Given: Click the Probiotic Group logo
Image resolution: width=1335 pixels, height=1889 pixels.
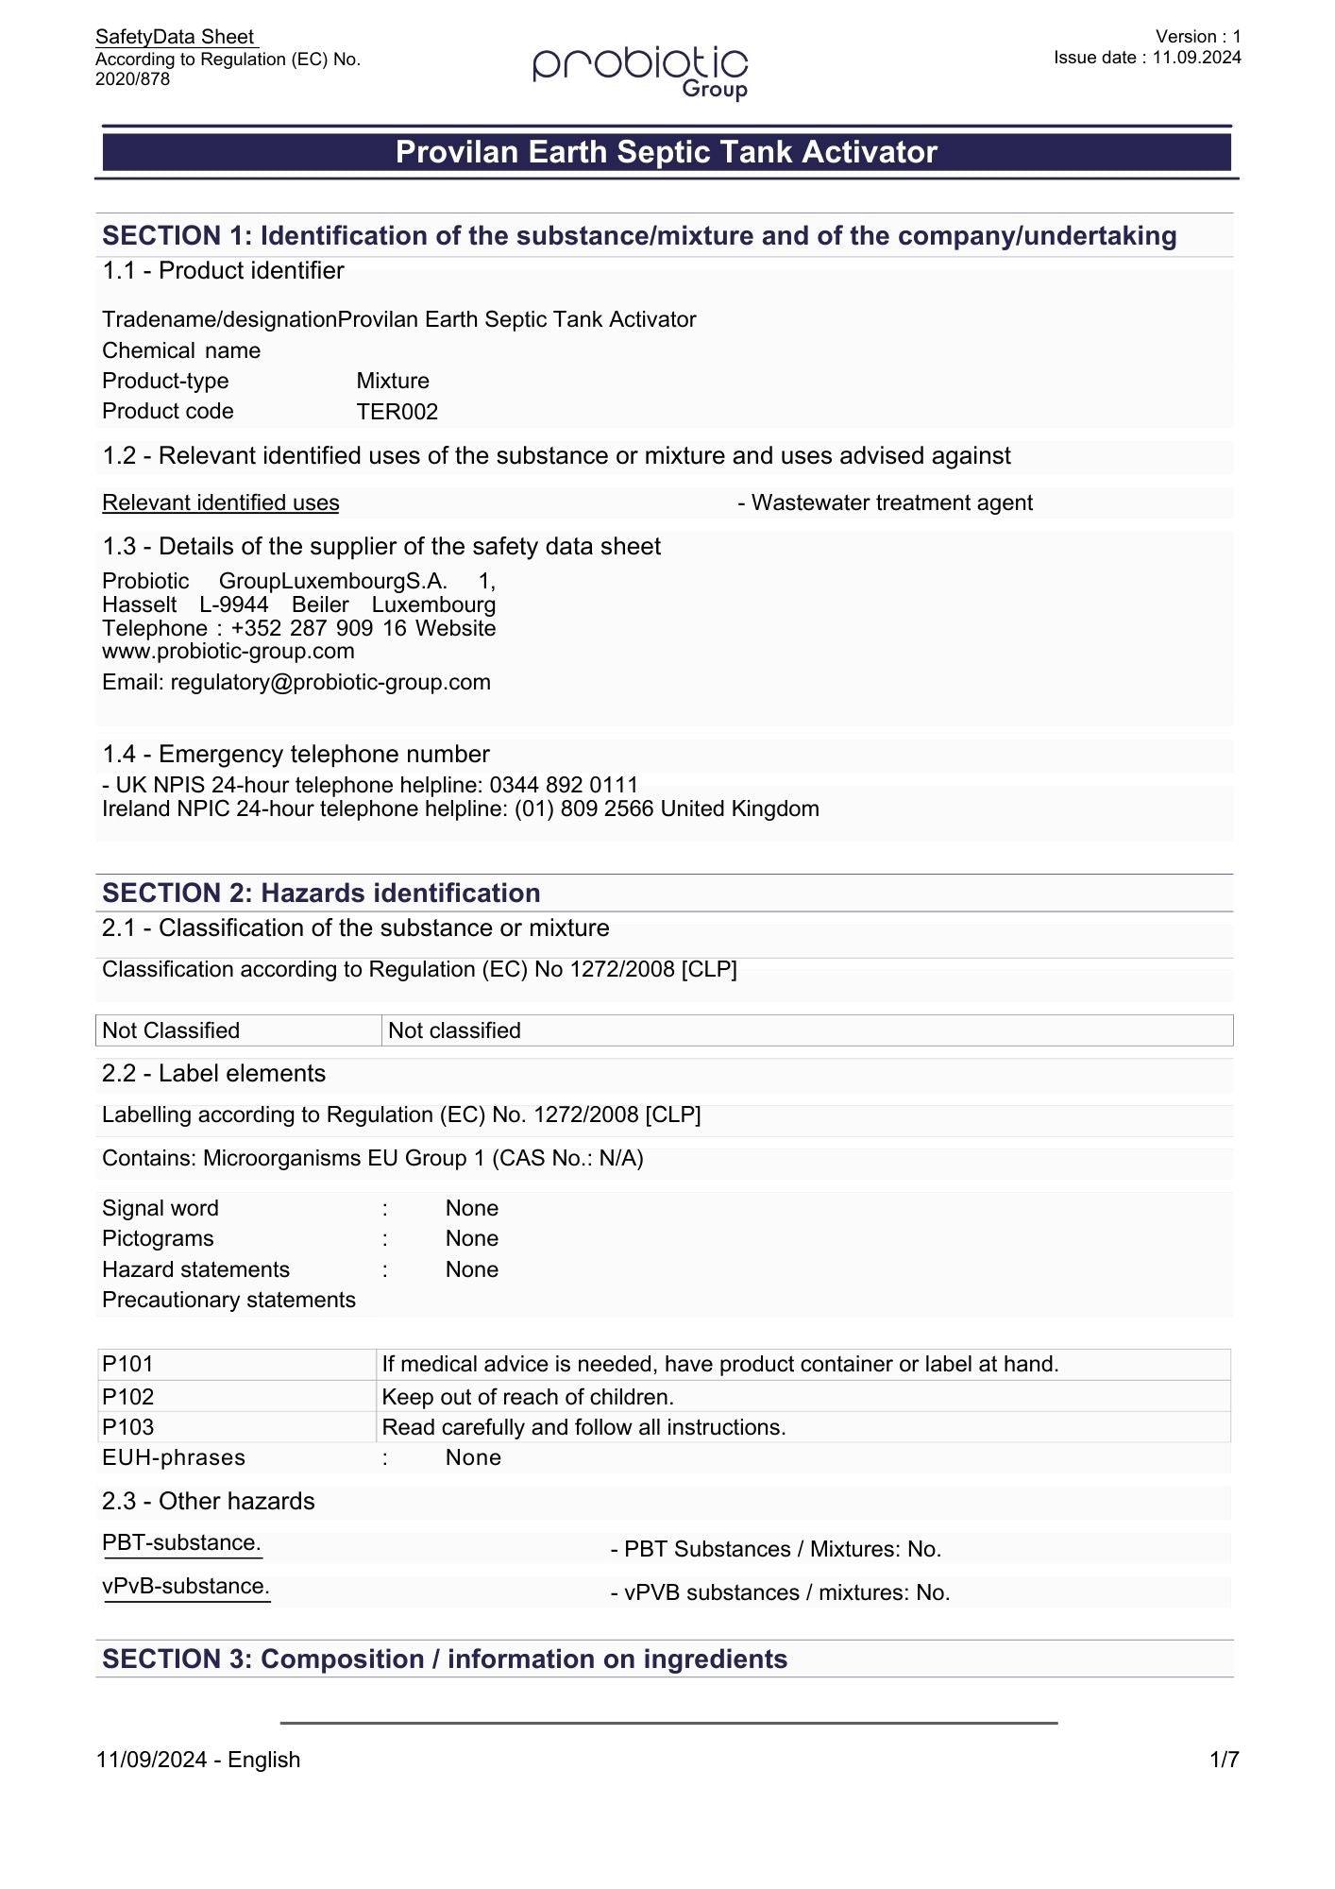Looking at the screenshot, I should click(x=641, y=71).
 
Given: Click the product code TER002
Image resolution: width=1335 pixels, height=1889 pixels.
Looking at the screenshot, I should click(x=397, y=412).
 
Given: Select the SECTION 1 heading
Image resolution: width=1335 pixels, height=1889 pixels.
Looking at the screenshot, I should click(x=639, y=236).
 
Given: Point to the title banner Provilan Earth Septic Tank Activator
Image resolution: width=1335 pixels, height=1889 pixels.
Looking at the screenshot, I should click(x=667, y=152).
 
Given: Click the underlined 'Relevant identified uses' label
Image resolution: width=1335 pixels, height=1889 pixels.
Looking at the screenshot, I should click(x=220, y=503).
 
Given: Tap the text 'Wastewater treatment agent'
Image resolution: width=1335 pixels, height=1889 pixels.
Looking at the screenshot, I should click(x=891, y=503).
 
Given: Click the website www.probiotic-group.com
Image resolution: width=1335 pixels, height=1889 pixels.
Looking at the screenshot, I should click(x=228, y=652).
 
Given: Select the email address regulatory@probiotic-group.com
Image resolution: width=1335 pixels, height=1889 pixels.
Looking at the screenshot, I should click(x=330, y=683).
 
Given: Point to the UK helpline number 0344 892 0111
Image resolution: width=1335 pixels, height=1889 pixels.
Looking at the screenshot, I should click(x=564, y=786).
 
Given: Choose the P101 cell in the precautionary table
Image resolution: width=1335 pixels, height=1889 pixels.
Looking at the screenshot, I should click(x=128, y=1365).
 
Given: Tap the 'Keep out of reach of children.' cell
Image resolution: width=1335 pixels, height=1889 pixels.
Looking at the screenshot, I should click(x=528, y=1397).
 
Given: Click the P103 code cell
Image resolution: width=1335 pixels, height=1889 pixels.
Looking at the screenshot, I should click(x=128, y=1427).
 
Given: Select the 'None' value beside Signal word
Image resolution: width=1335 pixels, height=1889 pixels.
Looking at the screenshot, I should click(x=472, y=1209).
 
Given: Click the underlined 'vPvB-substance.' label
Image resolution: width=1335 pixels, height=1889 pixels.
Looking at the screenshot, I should click(x=186, y=1587).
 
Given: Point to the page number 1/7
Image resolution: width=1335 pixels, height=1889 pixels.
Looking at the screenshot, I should click(x=1225, y=1761).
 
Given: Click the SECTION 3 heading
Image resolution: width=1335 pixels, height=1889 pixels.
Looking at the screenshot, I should click(x=445, y=1659).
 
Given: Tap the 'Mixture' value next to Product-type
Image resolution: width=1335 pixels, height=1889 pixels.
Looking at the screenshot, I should click(x=393, y=382).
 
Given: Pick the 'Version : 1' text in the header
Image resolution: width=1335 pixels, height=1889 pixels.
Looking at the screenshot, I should click(x=1198, y=37).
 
